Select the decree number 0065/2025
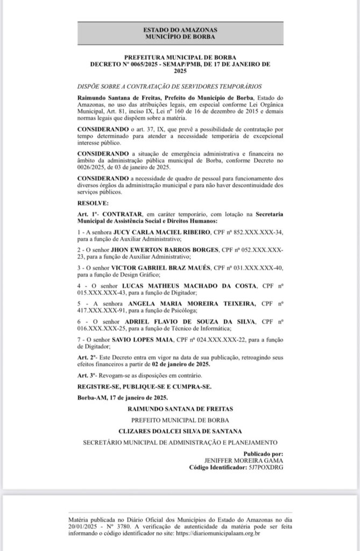coord(142,64)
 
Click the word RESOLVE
coord(93,204)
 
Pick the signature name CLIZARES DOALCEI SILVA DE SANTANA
coord(180,430)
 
